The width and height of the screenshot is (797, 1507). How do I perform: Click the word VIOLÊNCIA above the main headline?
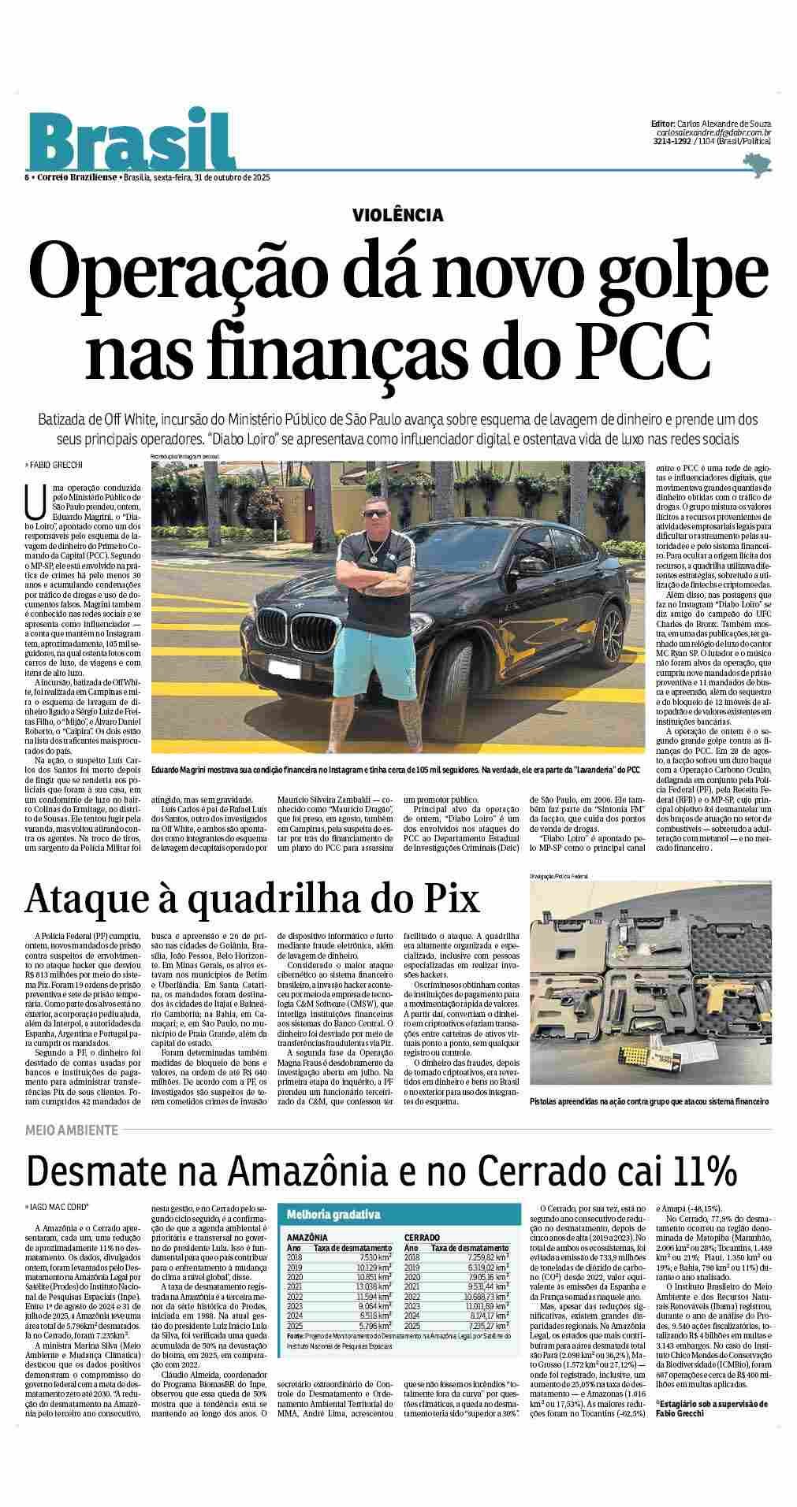(x=398, y=214)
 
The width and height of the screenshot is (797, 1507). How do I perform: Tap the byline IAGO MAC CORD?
(x=61, y=1206)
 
